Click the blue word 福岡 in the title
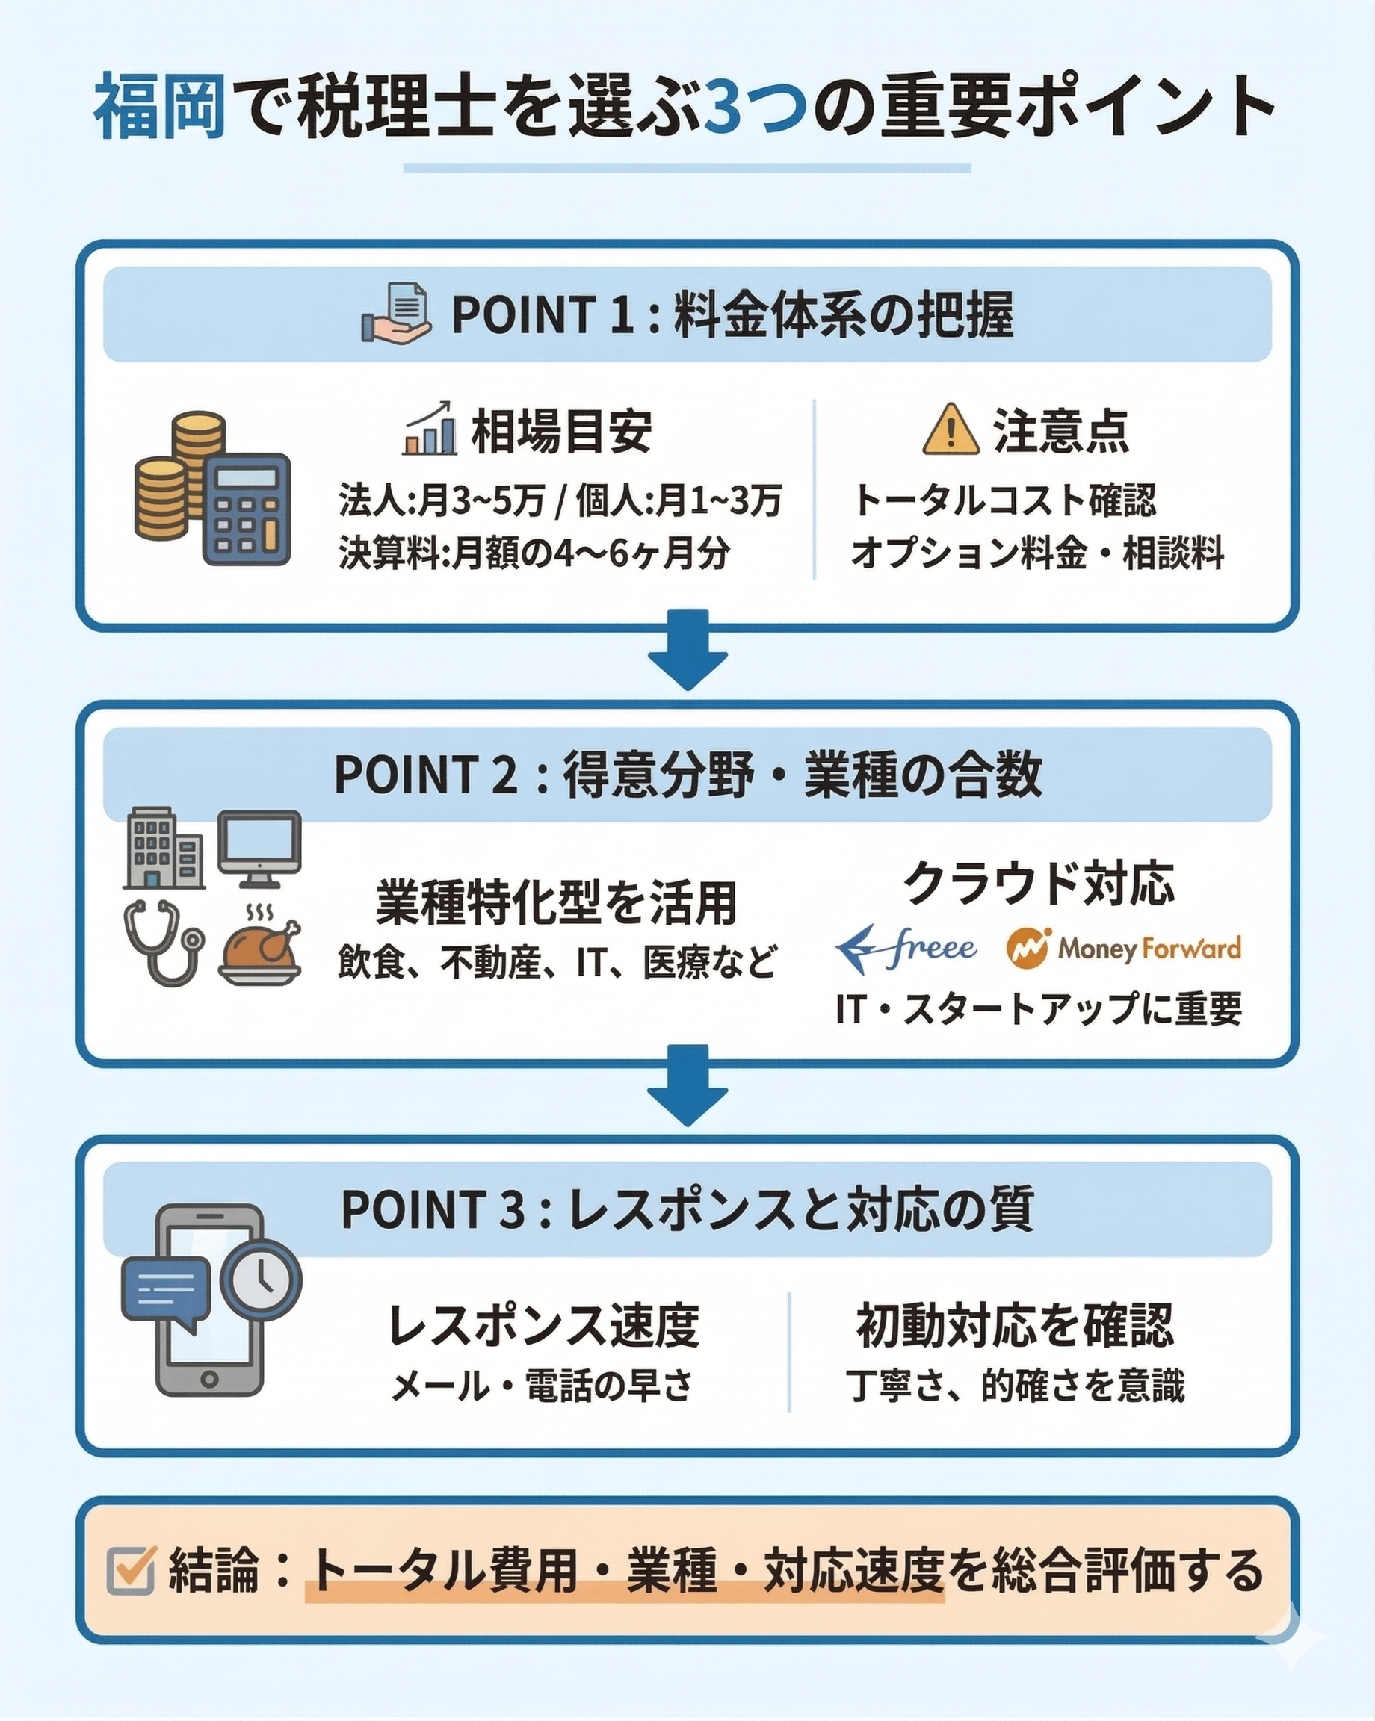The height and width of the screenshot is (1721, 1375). click(x=160, y=108)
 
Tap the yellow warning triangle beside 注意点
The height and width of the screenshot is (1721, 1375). click(x=951, y=430)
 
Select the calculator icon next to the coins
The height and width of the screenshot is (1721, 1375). click(x=246, y=509)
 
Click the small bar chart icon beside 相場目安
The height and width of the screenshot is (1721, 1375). click(x=430, y=430)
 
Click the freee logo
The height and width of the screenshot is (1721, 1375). click(x=906, y=949)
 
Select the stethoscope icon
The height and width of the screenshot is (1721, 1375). click(x=163, y=942)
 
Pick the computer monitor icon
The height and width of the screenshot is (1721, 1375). click(x=259, y=849)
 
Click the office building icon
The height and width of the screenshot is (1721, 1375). click(x=163, y=848)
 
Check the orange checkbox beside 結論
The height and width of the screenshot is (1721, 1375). click(x=130, y=1570)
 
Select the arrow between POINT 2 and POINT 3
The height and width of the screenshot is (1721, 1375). click(x=687, y=1084)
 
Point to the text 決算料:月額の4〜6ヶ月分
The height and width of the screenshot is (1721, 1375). click(x=534, y=553)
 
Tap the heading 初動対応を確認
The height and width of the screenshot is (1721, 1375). click(x=1015, y=1325)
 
